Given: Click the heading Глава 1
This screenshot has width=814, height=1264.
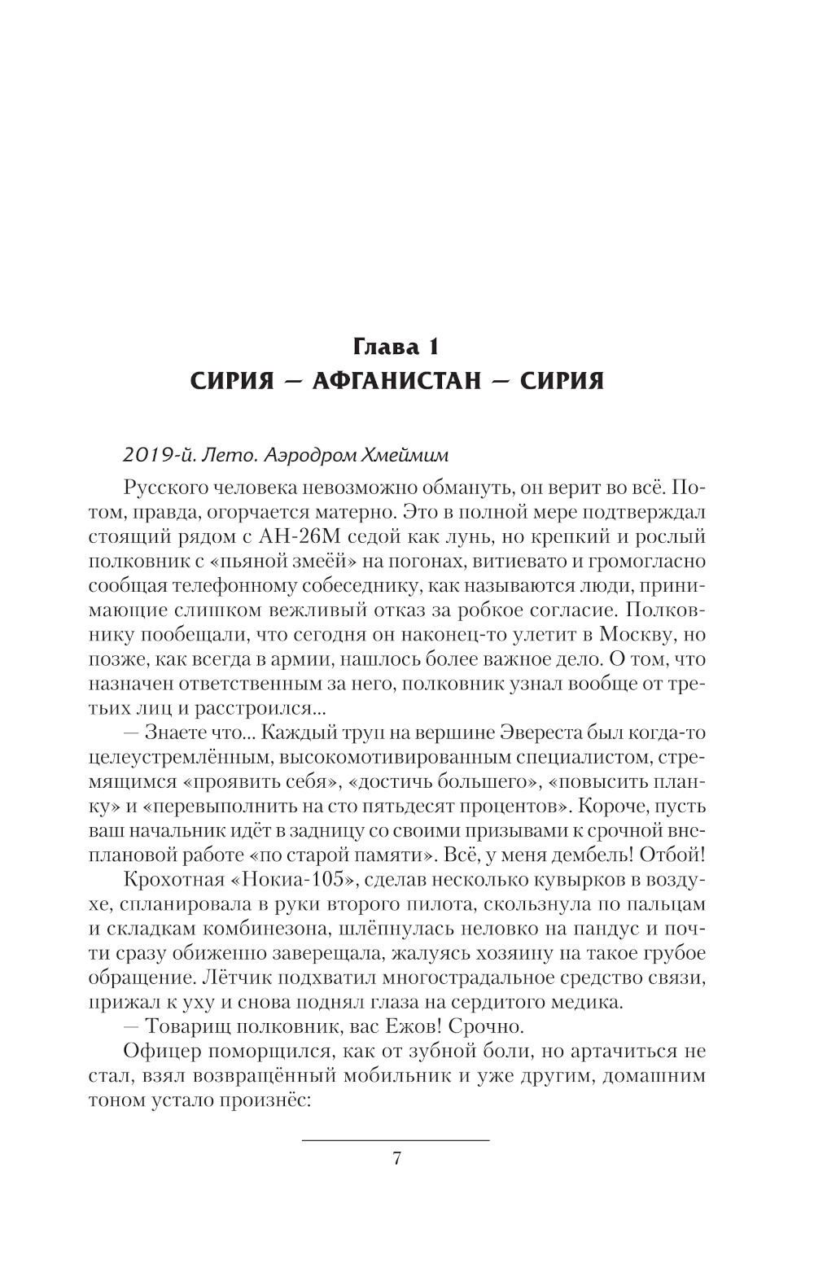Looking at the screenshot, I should (x=396, y=348).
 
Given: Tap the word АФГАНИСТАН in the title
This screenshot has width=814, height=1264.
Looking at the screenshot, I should (x=396, y=380).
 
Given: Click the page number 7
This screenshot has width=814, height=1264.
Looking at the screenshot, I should (x=396, y=1159).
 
